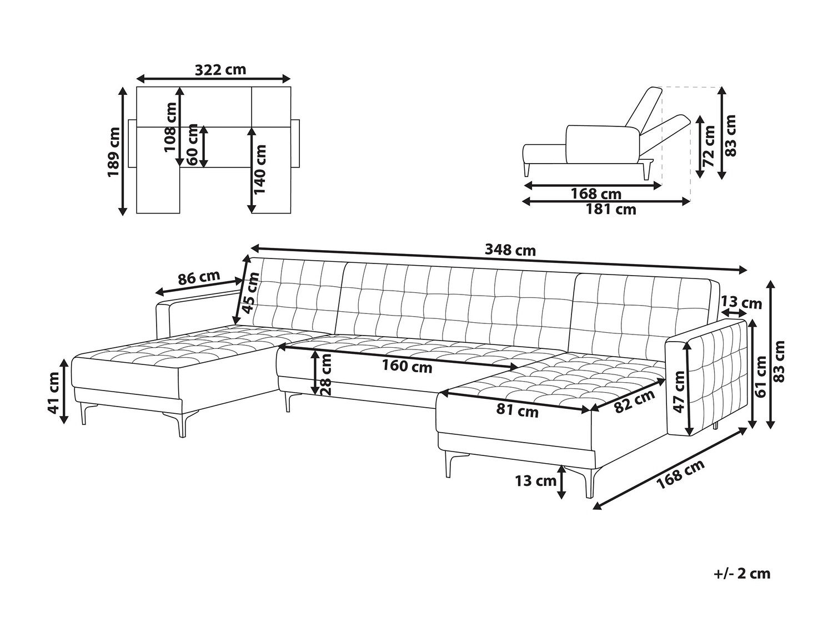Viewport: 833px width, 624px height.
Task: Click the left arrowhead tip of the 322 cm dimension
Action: tap(137, 79)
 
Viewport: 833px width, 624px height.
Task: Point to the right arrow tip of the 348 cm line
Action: tap(747, 270)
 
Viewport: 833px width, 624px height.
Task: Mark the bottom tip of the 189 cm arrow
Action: tap(122, 216)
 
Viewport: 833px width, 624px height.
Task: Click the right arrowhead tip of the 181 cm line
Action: tap(690, 202)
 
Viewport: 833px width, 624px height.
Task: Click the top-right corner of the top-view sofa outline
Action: tap(290, 87)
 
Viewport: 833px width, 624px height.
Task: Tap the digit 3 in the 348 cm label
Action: tap(489, 251)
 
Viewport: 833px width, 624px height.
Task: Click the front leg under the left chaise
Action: tap(182, 424)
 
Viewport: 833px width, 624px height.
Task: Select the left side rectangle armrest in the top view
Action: tap(132, 144)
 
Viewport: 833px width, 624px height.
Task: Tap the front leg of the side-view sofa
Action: tap(527, 170)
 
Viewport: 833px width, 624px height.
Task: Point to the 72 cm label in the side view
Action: tap(708, 146)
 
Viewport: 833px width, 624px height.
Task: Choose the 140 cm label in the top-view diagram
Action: tap(260, 169)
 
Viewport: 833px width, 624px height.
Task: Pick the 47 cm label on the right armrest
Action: tap(679, 392)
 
